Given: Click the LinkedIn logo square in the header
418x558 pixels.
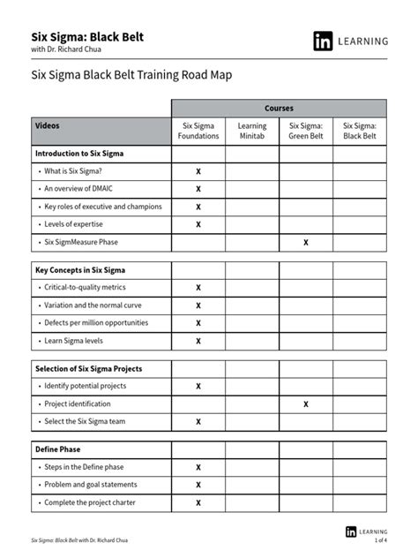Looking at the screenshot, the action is (x=323, y=41).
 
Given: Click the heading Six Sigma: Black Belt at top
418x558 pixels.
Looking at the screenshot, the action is (x=87, y=36).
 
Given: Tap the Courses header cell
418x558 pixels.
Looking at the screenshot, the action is (x=279, y=107).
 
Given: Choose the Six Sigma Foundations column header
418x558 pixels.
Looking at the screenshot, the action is (x=198, y=132).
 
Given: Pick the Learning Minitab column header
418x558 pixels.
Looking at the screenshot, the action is (x=252, y=132).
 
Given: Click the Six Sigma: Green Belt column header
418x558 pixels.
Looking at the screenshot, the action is (x=306, y=132).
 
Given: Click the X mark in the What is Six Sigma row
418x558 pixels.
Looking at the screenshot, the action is (x=198, y=171).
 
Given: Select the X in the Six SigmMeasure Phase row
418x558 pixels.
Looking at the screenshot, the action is (x=306, y=242).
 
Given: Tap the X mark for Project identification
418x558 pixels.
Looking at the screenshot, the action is (x=306, y=403).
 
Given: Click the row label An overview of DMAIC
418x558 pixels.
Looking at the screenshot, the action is (x=79, y=189).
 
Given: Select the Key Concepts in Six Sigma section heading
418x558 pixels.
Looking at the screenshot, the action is (x=80, y=269).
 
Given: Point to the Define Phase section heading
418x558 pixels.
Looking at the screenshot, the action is (x=59, y=449).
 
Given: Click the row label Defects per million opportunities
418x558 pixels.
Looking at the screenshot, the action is (x=95, y=322).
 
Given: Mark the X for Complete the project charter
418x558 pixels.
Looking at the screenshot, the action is (x=198, y=502).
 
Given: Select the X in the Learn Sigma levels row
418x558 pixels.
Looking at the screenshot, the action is (x=198, y=341).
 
